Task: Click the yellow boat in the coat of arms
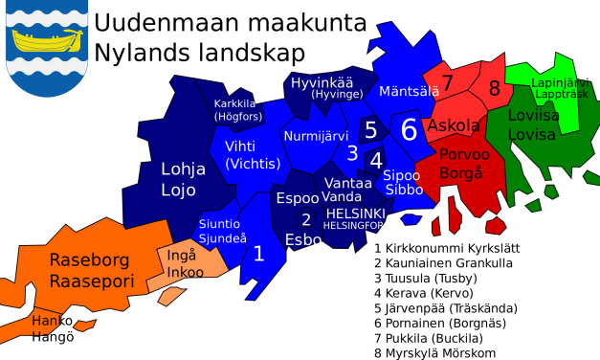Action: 47,40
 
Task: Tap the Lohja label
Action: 183,169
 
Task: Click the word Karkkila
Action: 234,103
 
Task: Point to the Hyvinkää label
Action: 322,82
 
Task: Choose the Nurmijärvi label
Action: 316,136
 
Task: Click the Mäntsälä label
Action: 409,91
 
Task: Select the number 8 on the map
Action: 494,89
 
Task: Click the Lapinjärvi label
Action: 560,82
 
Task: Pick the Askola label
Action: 454,125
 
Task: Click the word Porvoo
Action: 464,154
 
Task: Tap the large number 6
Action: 409,130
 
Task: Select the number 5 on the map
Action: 370,130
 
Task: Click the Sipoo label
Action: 401,175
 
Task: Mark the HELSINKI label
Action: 355,214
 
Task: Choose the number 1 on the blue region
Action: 258,254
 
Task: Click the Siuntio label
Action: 219,224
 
